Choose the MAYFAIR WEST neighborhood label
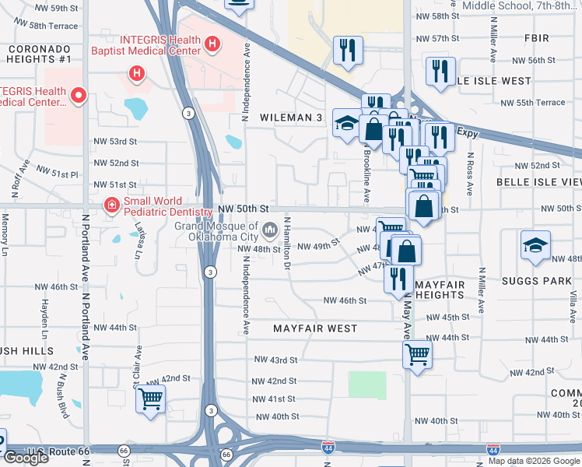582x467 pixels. click(315, 329)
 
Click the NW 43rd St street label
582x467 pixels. click(276, 360)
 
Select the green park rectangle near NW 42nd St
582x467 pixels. click(367, 385)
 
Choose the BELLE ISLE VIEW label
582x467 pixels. click(539, 181)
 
